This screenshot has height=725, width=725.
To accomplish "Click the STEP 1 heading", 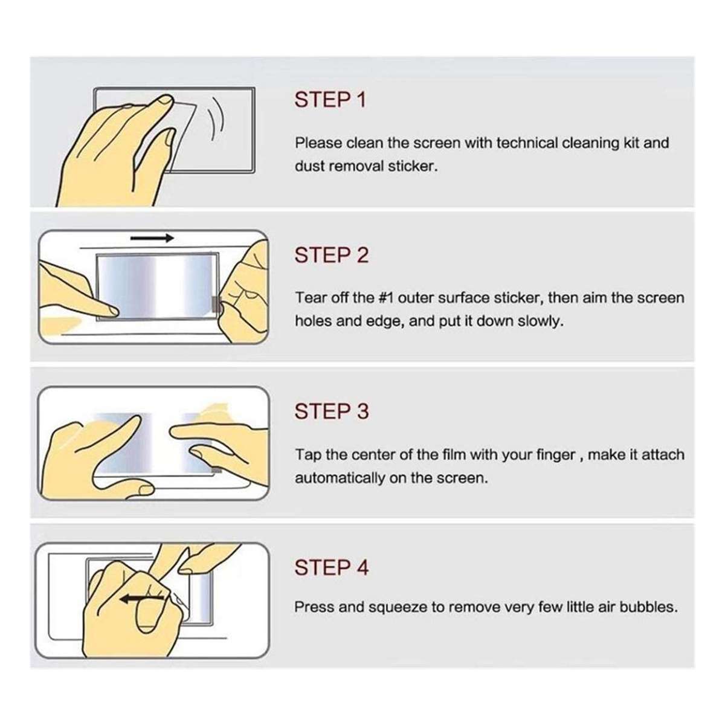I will click(x=330, y=100).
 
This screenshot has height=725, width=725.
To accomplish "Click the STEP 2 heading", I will click(x=331, y=256).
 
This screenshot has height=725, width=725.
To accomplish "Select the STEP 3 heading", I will click(x=331, y=411).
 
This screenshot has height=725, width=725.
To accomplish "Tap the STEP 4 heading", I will click(x=331, y=568).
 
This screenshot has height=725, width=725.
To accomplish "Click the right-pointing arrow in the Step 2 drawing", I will click(x=152, y=238).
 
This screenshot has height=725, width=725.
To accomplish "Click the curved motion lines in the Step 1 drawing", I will click(x=216, y=121).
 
